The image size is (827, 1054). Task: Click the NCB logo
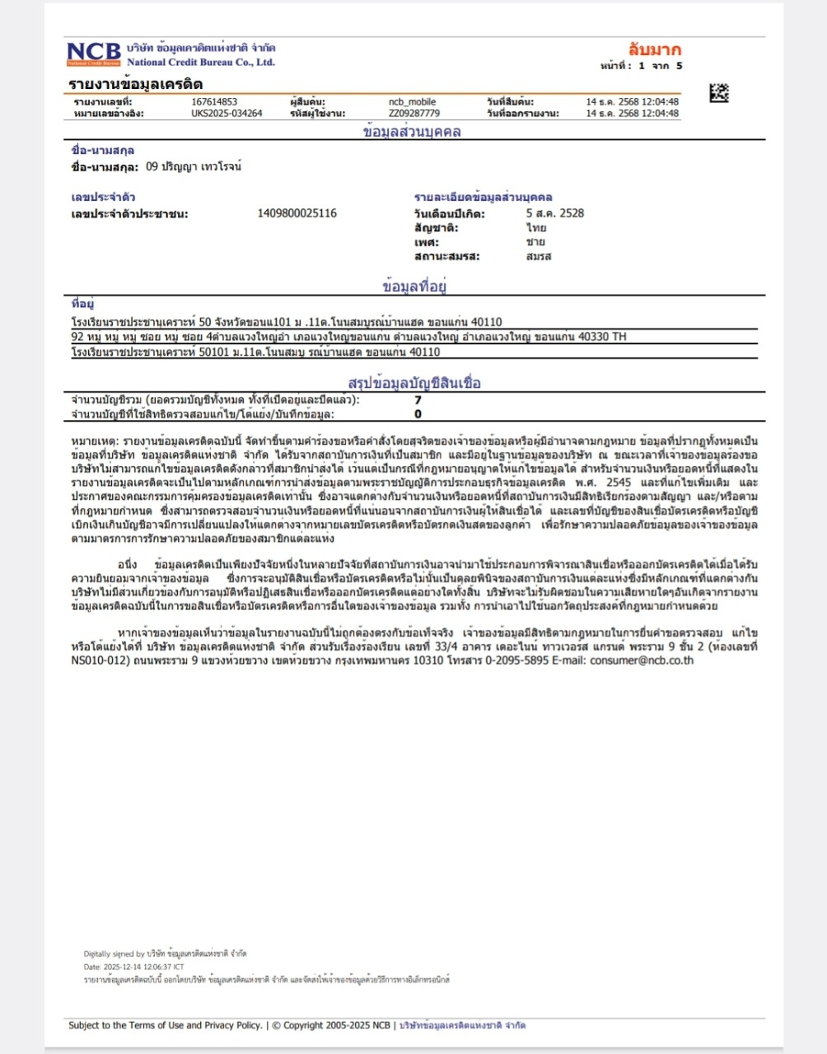pyautogui.click(x=93, y=54)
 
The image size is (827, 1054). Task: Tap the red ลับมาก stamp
pyautogui.click(x=655, y=49)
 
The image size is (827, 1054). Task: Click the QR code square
pyautogui.click(x=719, y=92)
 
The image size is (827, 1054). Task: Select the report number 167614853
pyautogui.click(x=214, y=102)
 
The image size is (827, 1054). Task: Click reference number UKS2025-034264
pyautogui.click(x=227, y=114)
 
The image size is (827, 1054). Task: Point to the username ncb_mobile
pyautogui.click(x=412, y=102)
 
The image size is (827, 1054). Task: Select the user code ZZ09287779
pyautogui.click(x=413, y=114)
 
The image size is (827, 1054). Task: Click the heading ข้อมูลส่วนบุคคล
pyautogui.click(x=412, y=132)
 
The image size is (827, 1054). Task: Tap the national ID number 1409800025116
pyautogui.click(x=297, y=213)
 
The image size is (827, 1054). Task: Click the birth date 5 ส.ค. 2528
pyautogui.click(x=555, y=213)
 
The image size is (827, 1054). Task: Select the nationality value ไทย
pyautogui.click(x=536, y=228)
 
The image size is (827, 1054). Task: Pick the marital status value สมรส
pyautogui.click(x=539, y=256)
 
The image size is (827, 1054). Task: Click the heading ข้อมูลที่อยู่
pyautogui.click(x=414, y=287)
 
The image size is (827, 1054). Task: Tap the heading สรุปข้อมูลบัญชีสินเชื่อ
pyautogui.click(x=414, y=383)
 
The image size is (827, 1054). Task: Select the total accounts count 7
pyautogui.click(x=418, y=400)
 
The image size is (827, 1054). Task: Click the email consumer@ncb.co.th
pyautogui.click(x=642, y=660)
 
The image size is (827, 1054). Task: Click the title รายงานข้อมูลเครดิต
pyautogui.click(x=136, y=84)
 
